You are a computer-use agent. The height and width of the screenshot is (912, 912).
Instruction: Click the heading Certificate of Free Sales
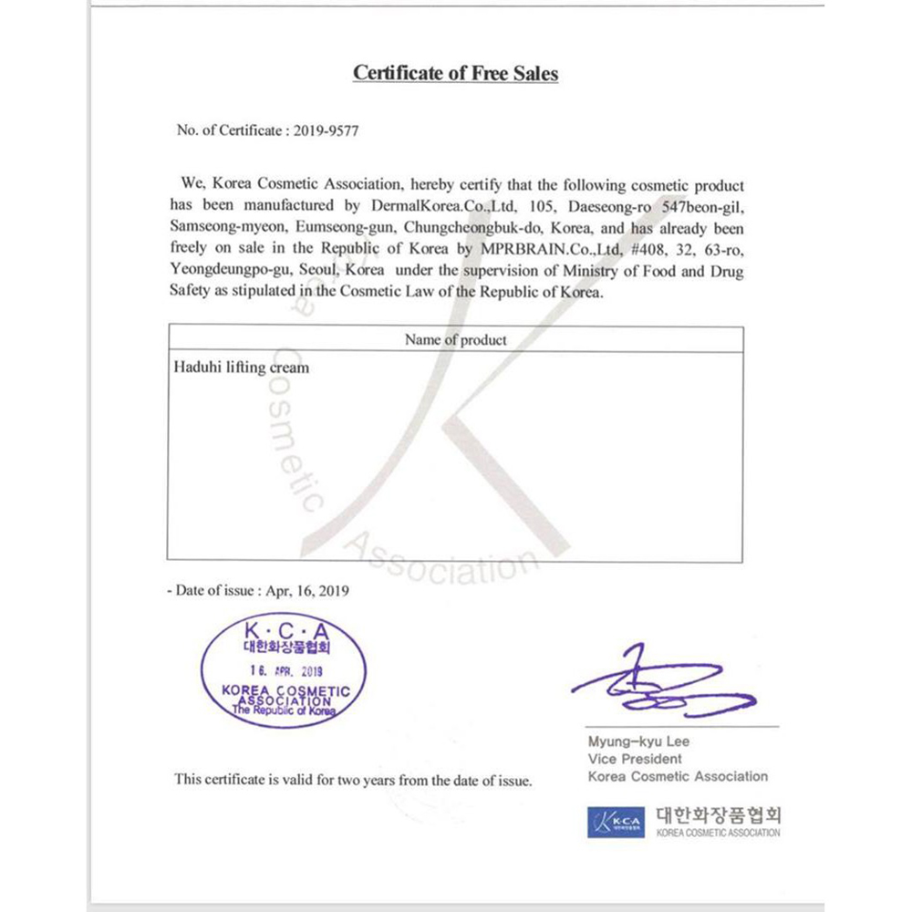[x=455, y=74]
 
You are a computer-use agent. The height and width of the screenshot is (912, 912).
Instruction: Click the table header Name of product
[x=455, y=340]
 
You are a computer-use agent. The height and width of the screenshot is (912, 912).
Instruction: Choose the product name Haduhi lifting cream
[x=241, y=368]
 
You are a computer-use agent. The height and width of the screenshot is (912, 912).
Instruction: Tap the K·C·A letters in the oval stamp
[x=285, y=629]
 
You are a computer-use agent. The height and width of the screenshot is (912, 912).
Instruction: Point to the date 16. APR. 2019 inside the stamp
[x=285, y=668]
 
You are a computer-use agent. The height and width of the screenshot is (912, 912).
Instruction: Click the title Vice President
[x=635, y=759]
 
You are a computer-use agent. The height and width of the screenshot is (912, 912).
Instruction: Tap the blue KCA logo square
[x=616, y=823]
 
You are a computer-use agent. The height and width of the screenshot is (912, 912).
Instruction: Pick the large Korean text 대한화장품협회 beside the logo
[x=718, y=814]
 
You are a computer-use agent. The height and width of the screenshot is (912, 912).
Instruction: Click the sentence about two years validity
[x=353, y=780]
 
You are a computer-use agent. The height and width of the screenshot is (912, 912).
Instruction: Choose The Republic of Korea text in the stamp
[x=285, y=710]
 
